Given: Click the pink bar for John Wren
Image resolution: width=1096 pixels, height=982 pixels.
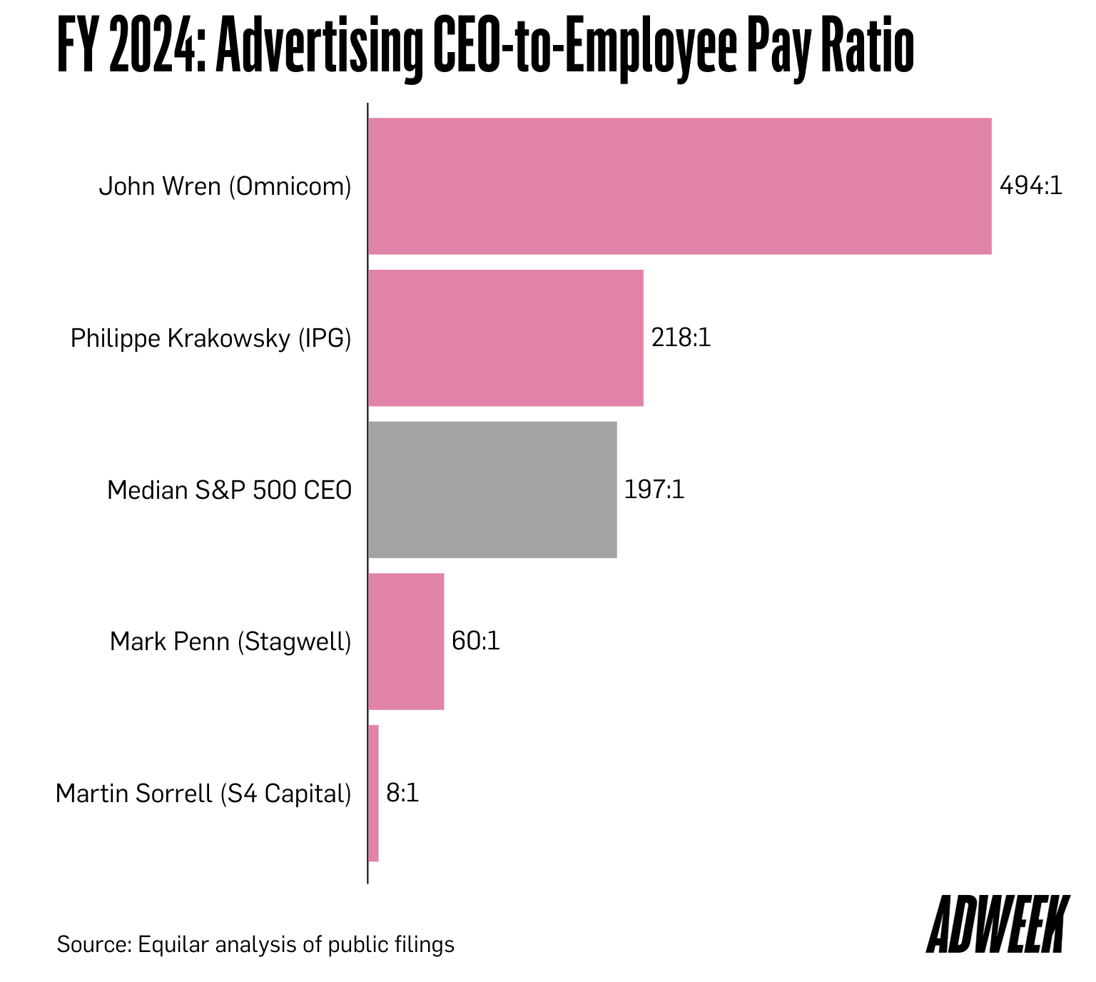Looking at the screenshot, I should click(679, 186).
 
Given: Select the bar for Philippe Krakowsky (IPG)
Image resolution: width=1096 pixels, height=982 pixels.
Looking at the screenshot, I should click(505, 338).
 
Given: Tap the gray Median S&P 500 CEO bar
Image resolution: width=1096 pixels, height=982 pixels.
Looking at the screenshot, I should click(492, 490).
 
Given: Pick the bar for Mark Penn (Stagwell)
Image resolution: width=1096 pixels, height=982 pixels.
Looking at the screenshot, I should click(406, 641).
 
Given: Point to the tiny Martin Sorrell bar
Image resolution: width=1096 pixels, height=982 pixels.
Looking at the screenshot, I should click(373, 793).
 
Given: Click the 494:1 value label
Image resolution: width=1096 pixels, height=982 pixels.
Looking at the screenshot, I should click(1030, 186).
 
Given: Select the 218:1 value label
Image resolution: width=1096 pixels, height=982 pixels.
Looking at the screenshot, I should click(681, 338).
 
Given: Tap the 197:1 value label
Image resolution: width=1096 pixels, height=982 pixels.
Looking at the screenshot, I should click(654, 490).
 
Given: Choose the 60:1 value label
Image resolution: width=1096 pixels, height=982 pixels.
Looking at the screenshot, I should click(476, 641).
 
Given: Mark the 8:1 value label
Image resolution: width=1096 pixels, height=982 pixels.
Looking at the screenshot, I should click(402, 793).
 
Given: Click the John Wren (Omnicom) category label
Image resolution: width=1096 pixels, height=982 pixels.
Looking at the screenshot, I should click(225, 186).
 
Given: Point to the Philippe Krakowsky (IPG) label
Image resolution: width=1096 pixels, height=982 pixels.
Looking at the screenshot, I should click(211, 338).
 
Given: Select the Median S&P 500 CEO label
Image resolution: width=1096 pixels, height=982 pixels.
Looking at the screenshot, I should click(229, 490).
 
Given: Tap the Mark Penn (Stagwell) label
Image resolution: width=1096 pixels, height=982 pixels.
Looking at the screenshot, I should click(230, 641).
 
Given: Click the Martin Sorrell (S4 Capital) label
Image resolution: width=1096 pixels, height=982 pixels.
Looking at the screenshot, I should click(203, 793).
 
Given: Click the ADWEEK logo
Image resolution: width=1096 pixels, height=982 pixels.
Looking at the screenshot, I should click(998, 924).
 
